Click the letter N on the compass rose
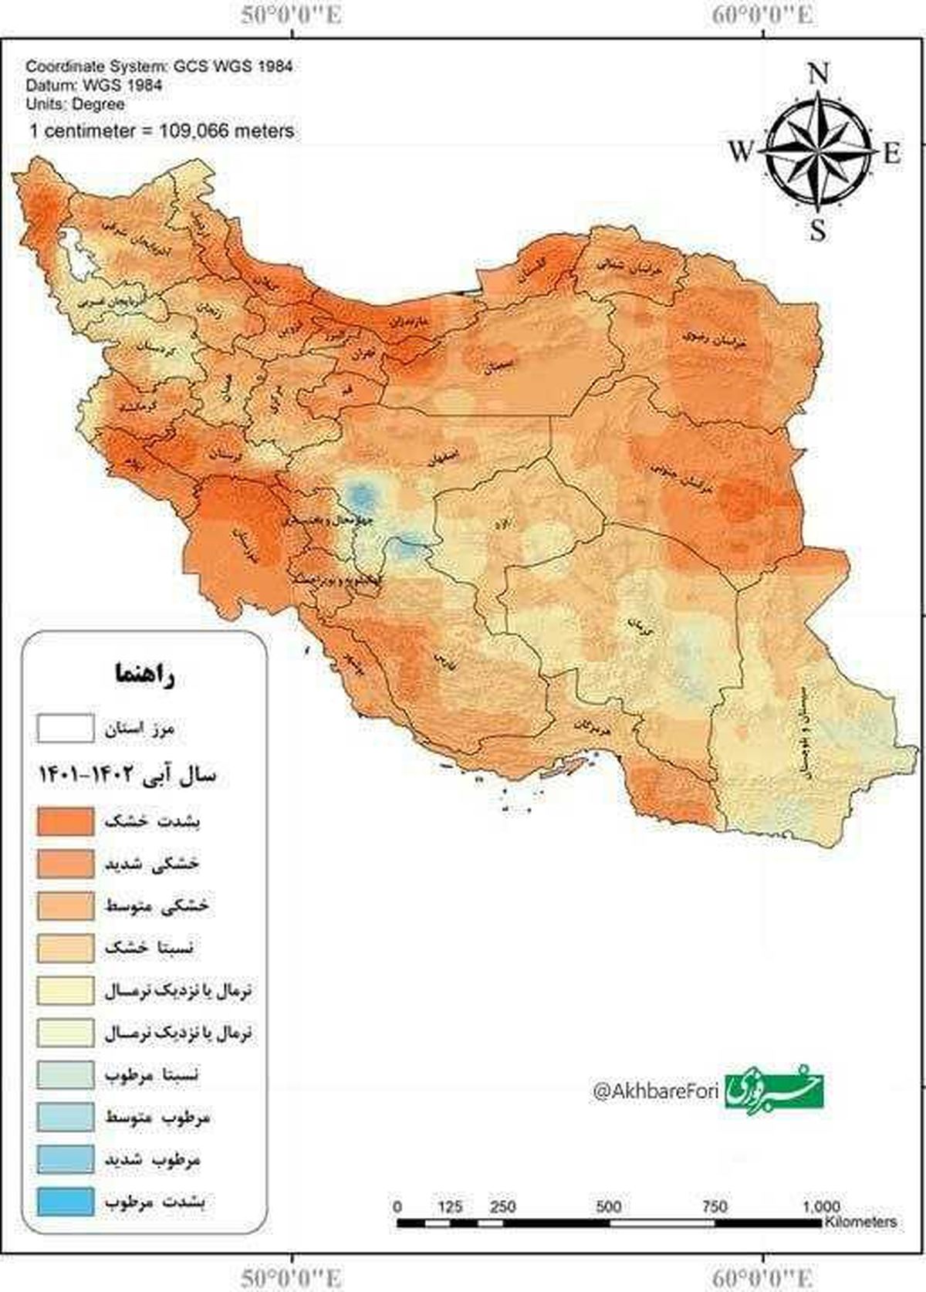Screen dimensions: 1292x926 tap(819, 74)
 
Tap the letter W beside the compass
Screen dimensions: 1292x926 tap(740, 152)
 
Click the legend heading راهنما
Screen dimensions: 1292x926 tap(144, 674)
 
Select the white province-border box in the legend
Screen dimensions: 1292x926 tap(66, 728)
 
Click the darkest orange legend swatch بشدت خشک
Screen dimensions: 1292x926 tap(66, 820)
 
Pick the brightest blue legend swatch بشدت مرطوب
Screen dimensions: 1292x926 tap(66, 1202)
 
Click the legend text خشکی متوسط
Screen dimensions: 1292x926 tap(157, 905)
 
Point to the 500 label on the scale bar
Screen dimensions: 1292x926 tap(608, 1206)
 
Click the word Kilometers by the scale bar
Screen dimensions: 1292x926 tap(860, 1222)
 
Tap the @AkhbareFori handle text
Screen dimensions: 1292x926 tap(655, 1091)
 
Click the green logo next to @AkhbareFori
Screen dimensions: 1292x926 tap(774, 1089)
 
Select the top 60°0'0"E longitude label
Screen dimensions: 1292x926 tap(762, 15)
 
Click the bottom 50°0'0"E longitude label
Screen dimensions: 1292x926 tap(292, 1277)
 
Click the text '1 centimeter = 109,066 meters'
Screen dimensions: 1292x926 tap(161, 130)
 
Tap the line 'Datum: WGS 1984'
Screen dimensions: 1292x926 tap(94, 86)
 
